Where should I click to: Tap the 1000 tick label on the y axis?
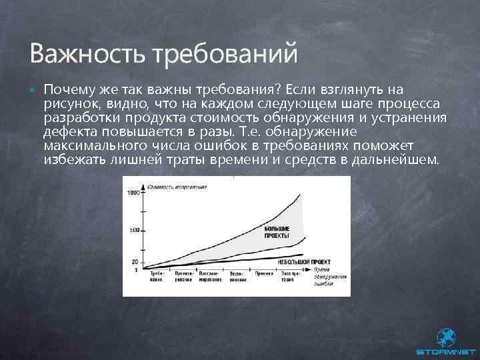click(x=133, y=193)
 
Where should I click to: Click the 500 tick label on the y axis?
click(x=135, y=230)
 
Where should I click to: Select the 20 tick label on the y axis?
click(x=135, y=261)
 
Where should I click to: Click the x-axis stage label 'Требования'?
click(x=157, y=275)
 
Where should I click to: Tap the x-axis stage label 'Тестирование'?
click(x=237, y=275)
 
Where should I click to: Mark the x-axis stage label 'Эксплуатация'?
click(x=289, y=275)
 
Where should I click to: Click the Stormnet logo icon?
click(x=445, y=337)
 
